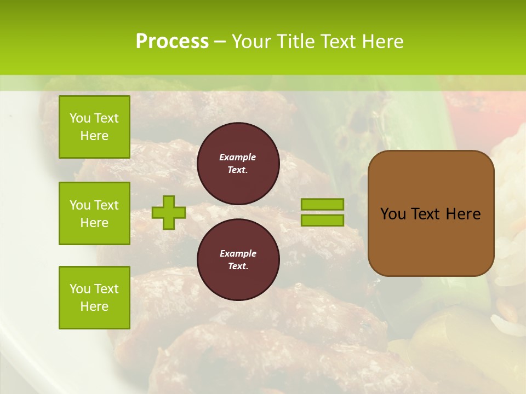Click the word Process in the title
(x=172, y=42)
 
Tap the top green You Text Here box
(x=94, y=127)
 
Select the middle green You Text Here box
(x=94, y=213)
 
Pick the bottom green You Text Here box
(x=94, y=298)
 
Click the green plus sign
(x=168, y=212)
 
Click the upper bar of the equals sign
(x=322, y=204)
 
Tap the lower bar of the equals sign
(x=322, y=220)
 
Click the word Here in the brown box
(x=463, y=214)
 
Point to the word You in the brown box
(x=393, y=214)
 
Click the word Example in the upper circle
(x=237, y=157)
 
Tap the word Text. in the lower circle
(x=238, y=266)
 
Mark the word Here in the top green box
(x=94, y=136)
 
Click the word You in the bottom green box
(x=80, y=289)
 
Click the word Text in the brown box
(x=426, y=214)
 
